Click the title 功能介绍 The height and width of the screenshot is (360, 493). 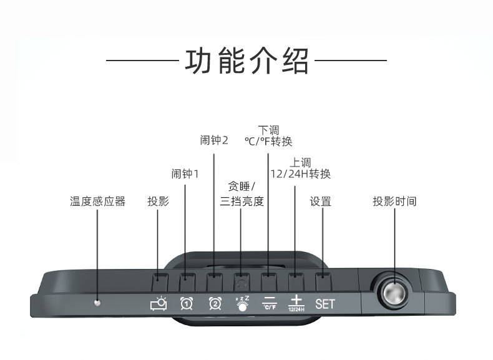[246, 61]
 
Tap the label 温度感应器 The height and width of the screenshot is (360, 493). [97, 202]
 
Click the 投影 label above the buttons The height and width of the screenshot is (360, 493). [158, 202]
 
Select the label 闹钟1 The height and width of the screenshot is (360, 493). [185, 173]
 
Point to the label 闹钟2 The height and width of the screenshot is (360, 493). [214, 140]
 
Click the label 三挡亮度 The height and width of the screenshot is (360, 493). [242, 202]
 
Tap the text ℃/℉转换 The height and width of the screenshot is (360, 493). [268, 142]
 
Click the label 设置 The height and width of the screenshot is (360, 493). [320, 202]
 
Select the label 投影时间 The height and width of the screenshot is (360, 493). [394, 202]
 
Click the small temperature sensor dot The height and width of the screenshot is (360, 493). [97, 303]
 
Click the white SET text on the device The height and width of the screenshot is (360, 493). [325, 304]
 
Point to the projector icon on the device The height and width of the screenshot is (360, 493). [159, 304]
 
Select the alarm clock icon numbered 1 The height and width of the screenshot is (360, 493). [186, 304]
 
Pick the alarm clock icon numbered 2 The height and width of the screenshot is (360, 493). [214, 304]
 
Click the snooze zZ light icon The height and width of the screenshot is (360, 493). [242, 303]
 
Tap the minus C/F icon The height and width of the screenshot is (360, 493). [268, 303]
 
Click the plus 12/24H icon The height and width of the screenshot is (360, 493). [296, 303]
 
